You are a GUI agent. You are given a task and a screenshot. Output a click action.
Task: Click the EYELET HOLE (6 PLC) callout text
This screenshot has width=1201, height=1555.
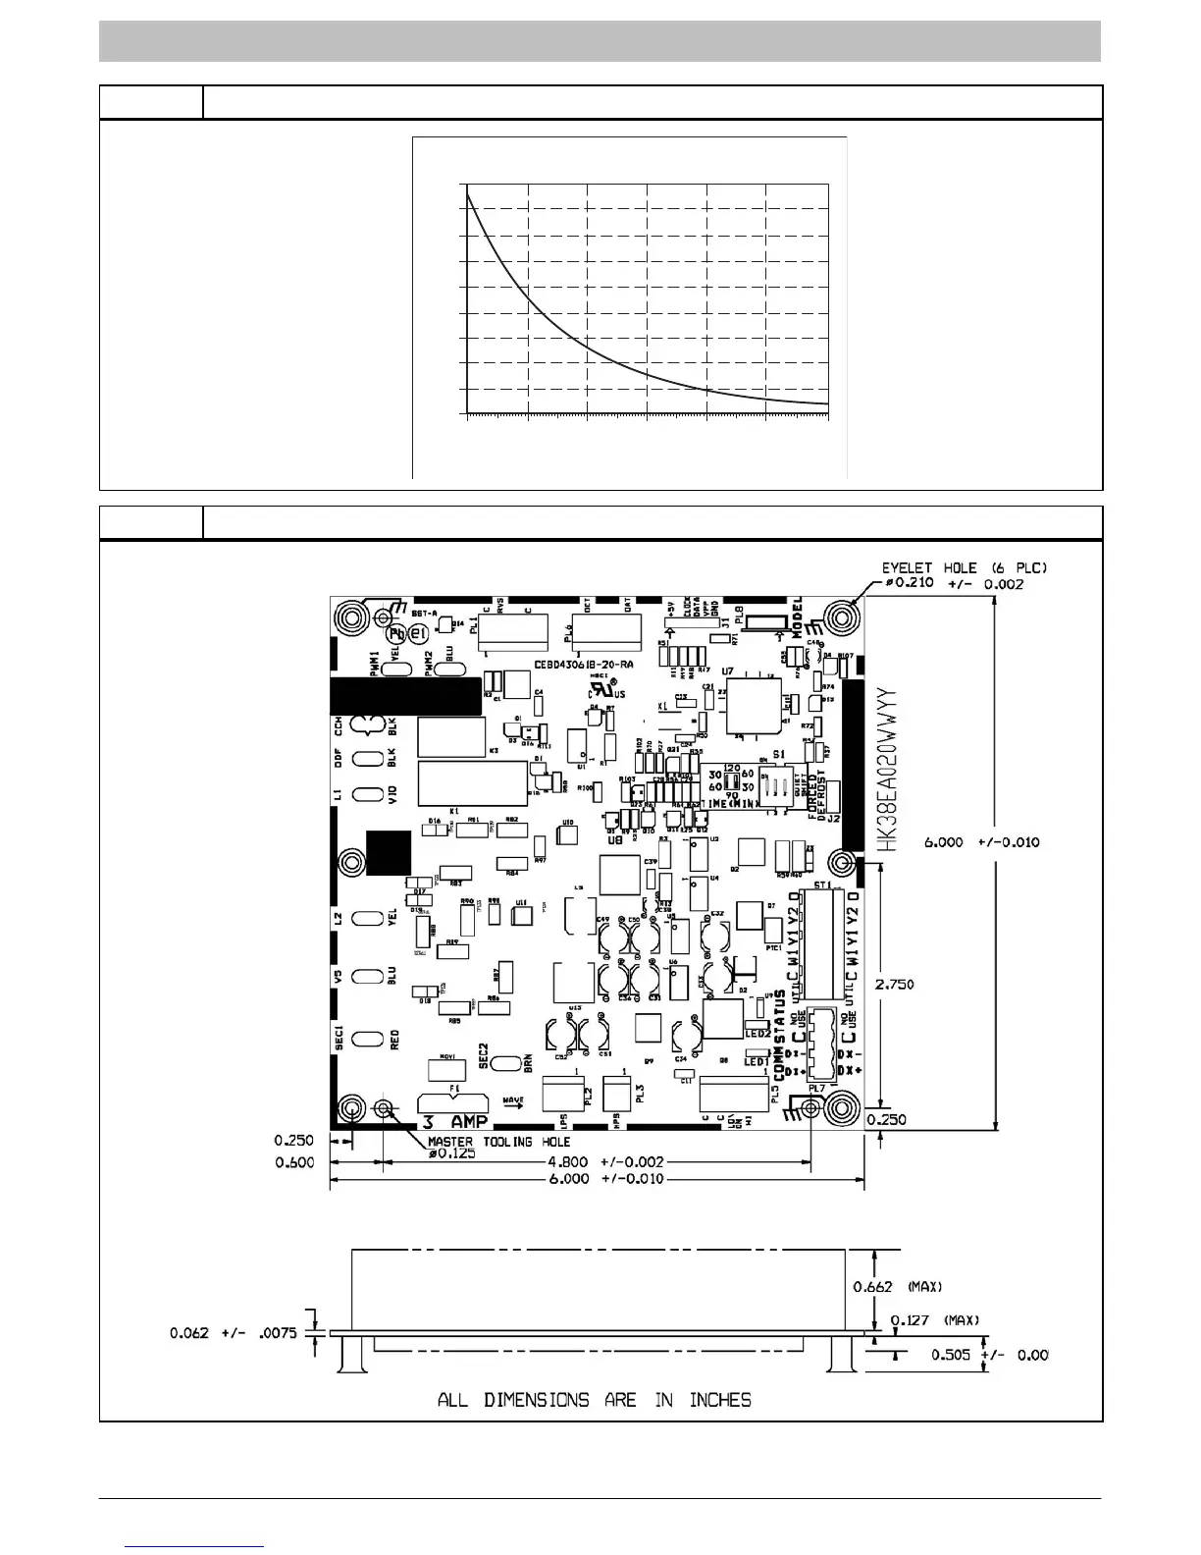pos(965,567)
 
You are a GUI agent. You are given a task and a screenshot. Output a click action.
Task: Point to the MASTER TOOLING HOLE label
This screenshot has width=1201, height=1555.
pos(498,1142)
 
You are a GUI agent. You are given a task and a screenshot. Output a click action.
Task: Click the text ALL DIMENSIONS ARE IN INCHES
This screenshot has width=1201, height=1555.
pos(594,1400)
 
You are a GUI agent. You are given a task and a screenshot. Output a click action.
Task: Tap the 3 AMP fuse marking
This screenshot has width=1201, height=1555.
pos(454,1121)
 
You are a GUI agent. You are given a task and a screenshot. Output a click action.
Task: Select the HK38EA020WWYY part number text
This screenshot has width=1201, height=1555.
pos(886,769)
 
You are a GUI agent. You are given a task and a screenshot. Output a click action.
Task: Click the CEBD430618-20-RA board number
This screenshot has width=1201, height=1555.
pos(583,664)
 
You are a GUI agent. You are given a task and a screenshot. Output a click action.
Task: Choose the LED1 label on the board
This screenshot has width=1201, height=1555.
pos(755,1062)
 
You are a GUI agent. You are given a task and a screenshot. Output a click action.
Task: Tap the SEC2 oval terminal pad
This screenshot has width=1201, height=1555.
pos(506,1062)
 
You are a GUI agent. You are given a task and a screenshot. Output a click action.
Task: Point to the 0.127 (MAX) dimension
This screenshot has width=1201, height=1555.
pos(934,1320)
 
